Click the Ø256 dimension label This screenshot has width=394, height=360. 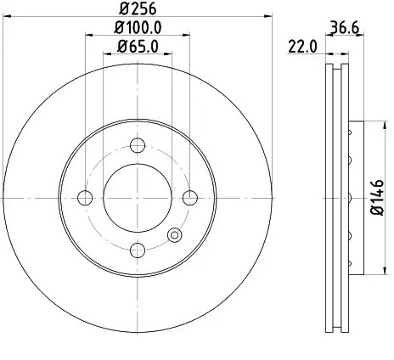(x=138, y=8)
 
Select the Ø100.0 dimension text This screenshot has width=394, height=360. (x=138, y=28)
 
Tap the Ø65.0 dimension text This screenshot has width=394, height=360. (x=138, y=47)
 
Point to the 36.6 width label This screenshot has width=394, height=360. (x=345, y=28)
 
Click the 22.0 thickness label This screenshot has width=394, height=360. (x=302, y=47)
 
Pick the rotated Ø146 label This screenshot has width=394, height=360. (x=378, y=197)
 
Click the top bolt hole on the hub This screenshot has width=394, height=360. (x=138, y=145)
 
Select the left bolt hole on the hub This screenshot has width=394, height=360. (x=85, y=198)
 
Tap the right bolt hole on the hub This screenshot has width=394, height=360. (x=190, y=198)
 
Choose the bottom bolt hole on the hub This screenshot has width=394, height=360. (x=138, y=250)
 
